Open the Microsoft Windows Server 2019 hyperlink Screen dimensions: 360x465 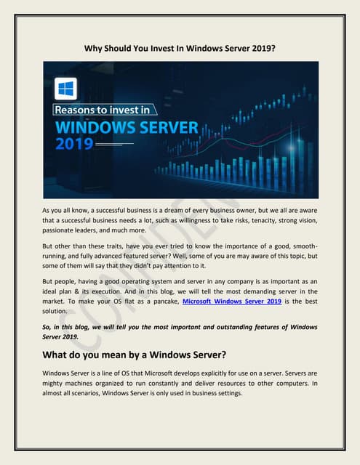click(231, 300)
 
